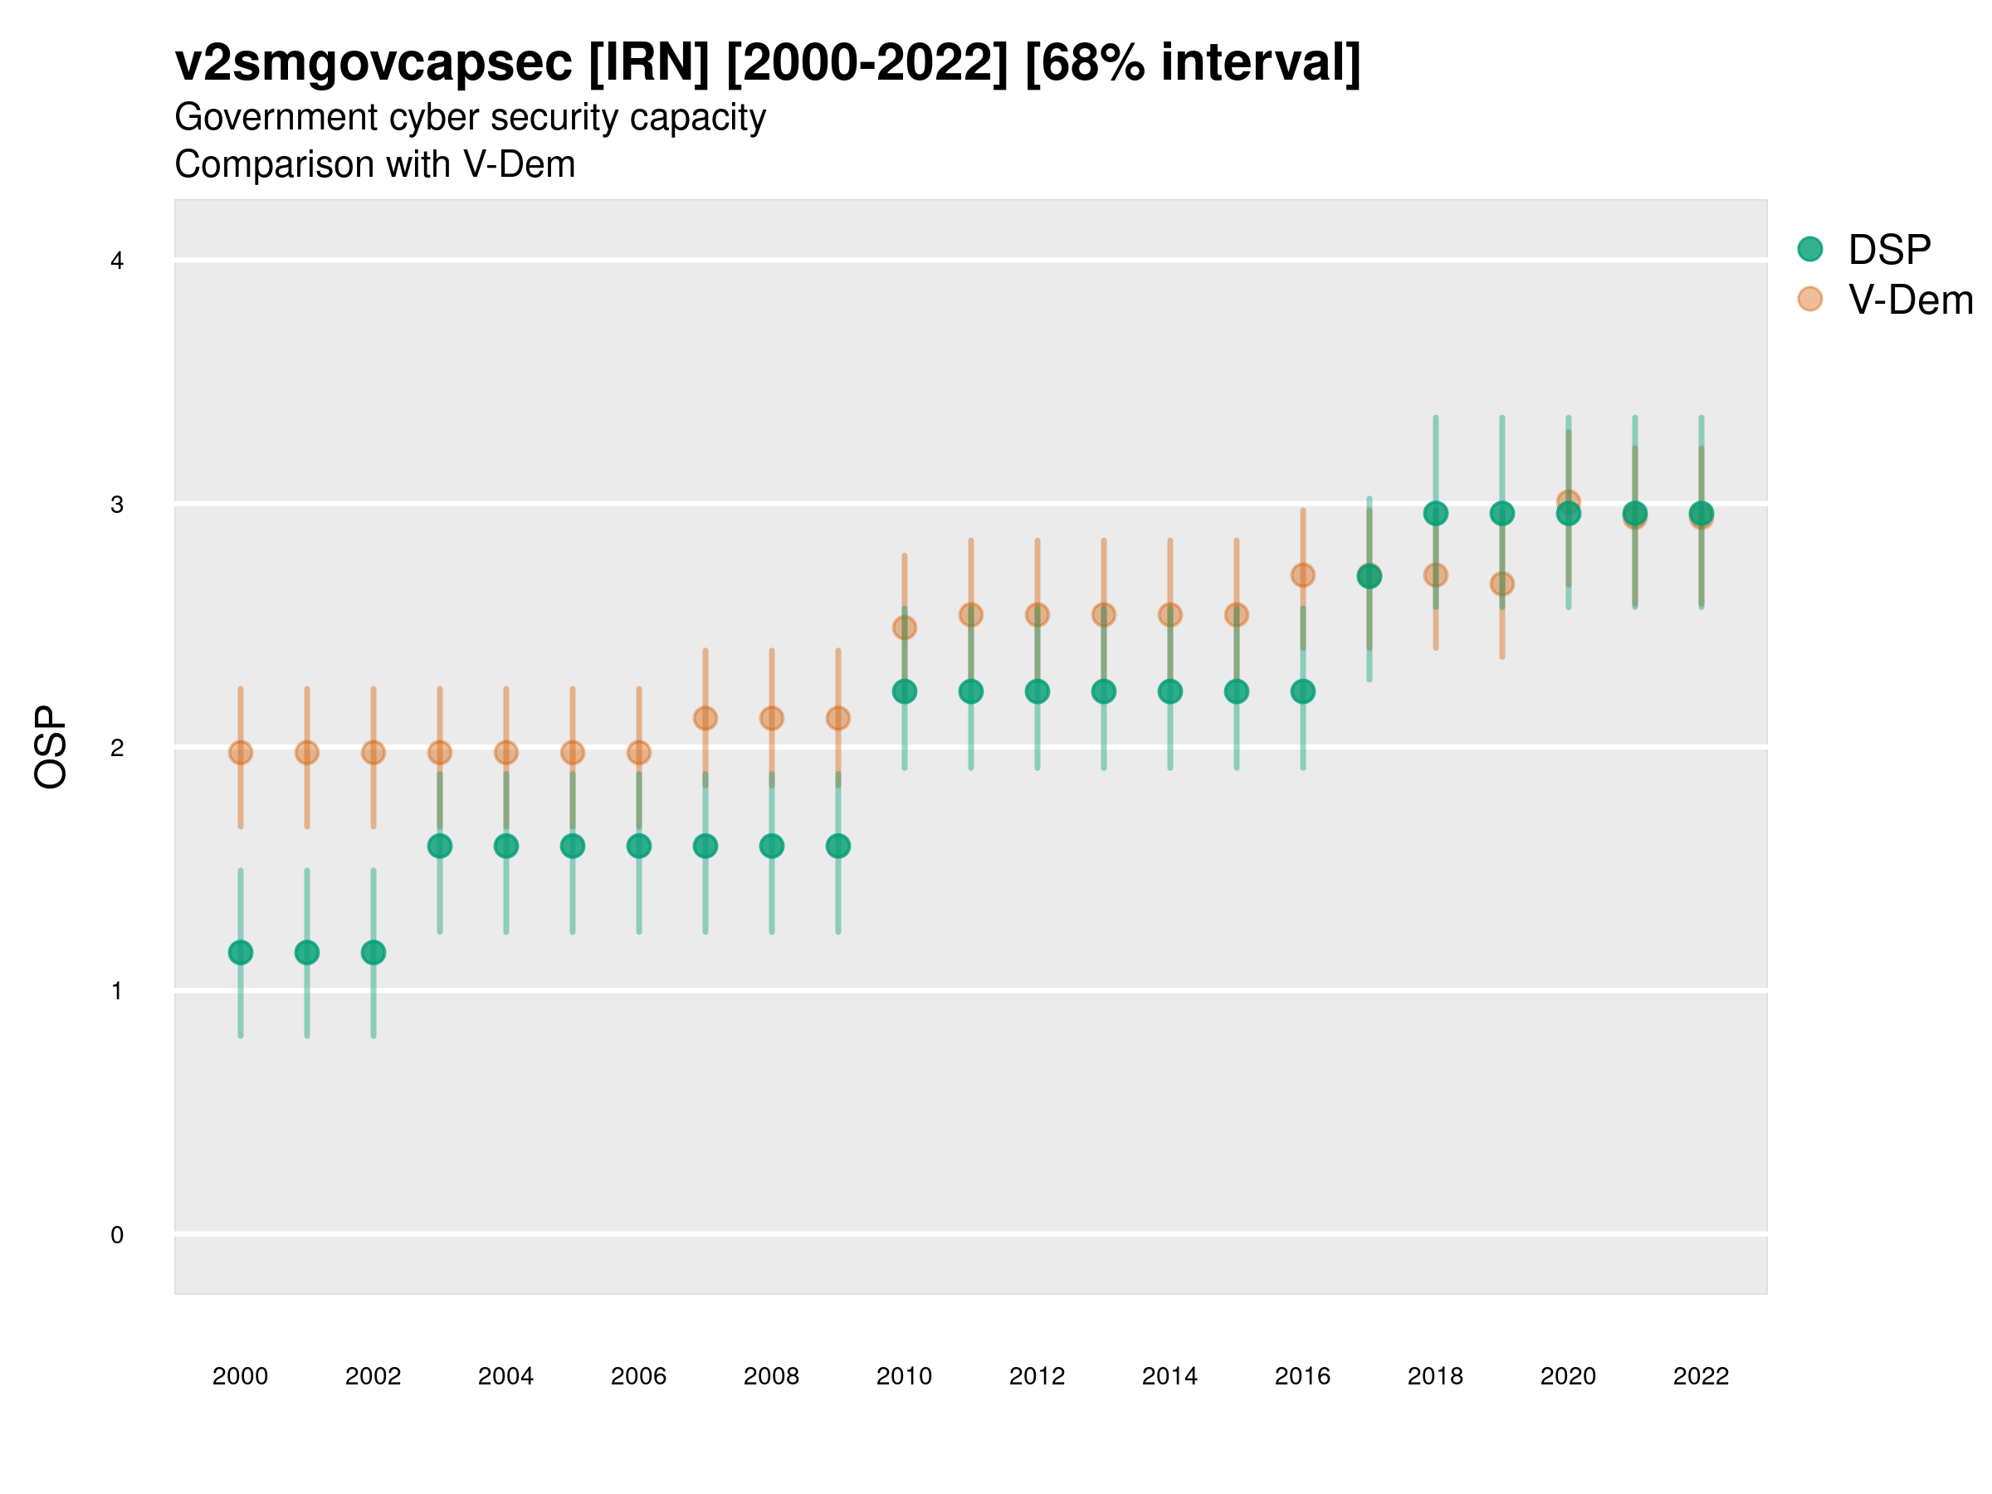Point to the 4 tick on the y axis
pyautogui.click(x=117, y=261)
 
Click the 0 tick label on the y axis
pyautogui.click(x=117, y=1235)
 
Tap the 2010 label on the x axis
pyautogui.click(x=904, y=1376)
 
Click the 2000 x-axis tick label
pyautogui.click(x=241, y=1376)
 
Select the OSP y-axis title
pyautogui.click(x=51, y=748)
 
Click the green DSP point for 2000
pyautogui.click(x=241, y=953)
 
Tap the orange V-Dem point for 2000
pyautogui.click(x=241, y=753)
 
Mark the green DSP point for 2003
pyautogui.click(x=439, y=847)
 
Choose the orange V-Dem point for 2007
pyautogui.click(x=705, y=719)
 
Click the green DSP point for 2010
pyautogui.click(x=904, y=691)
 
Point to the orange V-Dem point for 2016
pyautogui.click(x=1302, y=574)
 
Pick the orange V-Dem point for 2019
pyautogui.click(x=1501, y=584)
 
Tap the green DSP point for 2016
pyautogui.click(x=1302, y=691)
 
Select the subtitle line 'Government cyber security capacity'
pyautogui.click(x=470, y=118)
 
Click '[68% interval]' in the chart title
pyautogui.click(x=1193, y=63)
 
